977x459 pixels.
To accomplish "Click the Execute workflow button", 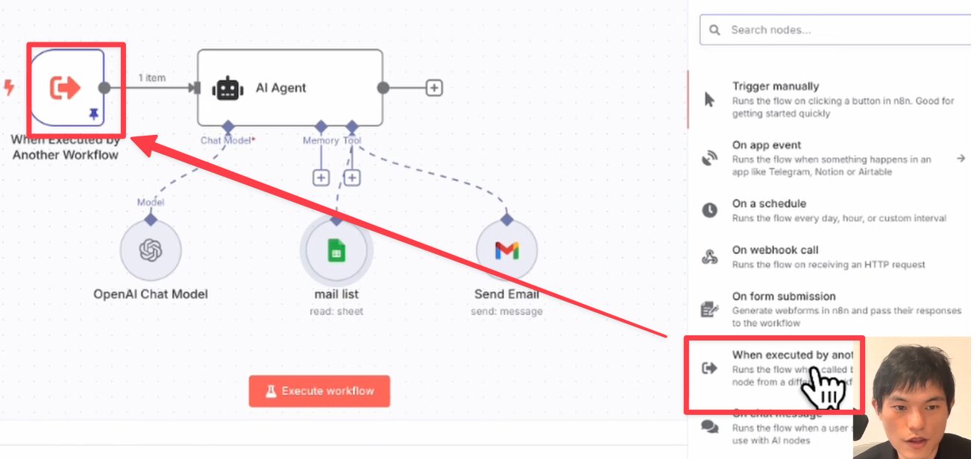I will (x=319, y=390).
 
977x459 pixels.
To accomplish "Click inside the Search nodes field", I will (x=835, y=30).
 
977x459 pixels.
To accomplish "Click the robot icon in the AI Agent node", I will (x=227, y=88).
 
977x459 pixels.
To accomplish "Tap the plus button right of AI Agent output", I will (x=434, y=88).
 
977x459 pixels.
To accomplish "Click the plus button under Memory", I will (x=321, y=177).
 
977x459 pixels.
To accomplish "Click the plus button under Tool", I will (x=352, y=177).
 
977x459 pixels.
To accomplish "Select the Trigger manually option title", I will (x=775, y=86).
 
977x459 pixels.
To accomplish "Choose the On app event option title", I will (x=767, y=145).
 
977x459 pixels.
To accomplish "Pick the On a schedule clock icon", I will (x=710, y=210).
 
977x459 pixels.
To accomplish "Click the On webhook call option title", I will (x=775, y=250).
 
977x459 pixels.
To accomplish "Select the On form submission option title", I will (x=784, y=296).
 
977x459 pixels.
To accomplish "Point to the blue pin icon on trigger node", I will (x=94, y=113).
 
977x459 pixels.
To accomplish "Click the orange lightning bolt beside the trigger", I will (x=9, y=88).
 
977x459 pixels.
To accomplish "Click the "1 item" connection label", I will (x=151, y=77).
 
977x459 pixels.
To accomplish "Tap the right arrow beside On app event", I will (x=961, y=158).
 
